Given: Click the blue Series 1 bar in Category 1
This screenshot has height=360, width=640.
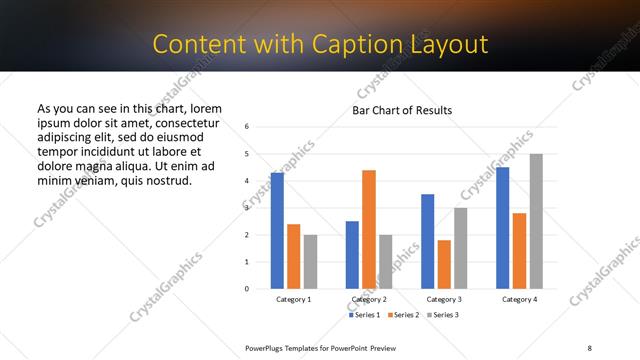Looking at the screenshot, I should [x=277, y=231].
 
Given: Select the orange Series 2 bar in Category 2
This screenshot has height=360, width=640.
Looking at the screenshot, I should [x=369, y=229].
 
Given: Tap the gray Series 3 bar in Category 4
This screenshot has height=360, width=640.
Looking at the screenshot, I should [x=536, y=221].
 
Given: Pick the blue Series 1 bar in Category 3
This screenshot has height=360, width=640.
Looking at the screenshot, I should [x=428, y=241].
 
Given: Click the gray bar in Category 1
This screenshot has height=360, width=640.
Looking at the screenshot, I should [x=310, y=262].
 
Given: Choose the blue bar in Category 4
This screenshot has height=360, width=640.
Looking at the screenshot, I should [x=503, y=228].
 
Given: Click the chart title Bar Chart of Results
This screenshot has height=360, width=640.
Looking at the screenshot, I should [x=402, y=110].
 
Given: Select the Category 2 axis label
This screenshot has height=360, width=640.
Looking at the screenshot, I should [x=369, y=299].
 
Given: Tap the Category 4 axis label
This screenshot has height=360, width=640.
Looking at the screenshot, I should [x=519, y=299].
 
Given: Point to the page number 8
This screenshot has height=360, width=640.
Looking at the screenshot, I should [x=590, y=346].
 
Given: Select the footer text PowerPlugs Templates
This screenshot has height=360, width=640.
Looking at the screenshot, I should [x=287, y=346].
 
